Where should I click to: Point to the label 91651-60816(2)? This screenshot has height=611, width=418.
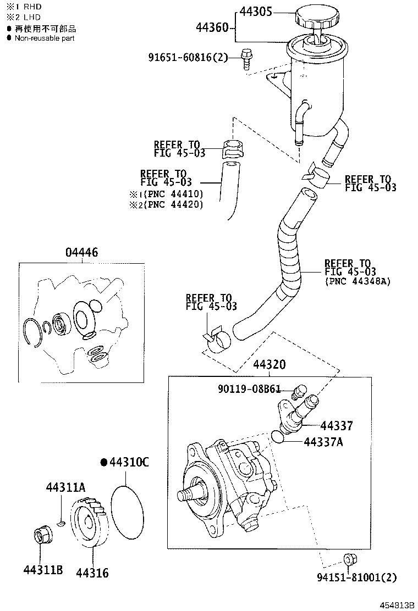pos(188,57)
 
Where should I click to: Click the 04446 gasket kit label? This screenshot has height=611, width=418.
pos(81,252)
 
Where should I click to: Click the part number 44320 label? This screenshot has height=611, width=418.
pos(269,365)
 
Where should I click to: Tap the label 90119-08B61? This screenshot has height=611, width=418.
pos(249,390)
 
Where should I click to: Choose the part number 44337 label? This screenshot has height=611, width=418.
pos(337,425)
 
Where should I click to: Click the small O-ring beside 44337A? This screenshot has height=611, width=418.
pos(278,437)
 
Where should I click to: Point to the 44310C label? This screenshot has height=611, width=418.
pos(129,463)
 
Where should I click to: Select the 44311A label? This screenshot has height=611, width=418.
pos(65,487)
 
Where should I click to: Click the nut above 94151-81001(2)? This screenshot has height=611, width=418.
pos(348,560)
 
